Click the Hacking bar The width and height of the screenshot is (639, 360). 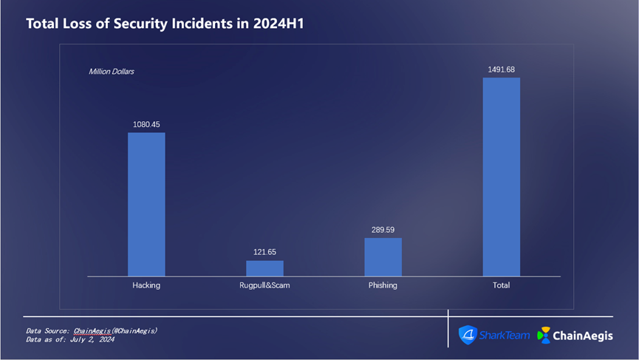click(146, 204)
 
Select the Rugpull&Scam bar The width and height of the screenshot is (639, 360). click(264, 268)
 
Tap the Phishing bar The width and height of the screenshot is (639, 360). click(383, 257)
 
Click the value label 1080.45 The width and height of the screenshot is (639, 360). click(146, 124)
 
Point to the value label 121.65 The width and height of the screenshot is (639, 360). click(264, 252)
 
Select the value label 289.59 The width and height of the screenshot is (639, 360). click(383, 230)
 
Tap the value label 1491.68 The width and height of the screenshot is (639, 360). click(501, 69)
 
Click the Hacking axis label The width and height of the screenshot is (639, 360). click(146, 285)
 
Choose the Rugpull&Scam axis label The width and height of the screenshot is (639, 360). click(264, 285)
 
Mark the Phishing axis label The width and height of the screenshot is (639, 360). click(383, 285)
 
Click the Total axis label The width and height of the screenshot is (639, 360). click(501, 285)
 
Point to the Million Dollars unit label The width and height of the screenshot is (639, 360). click(111, 72)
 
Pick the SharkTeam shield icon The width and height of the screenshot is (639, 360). click(468, 335)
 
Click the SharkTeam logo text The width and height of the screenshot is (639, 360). click(505, 335)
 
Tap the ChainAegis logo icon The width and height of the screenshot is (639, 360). click(544, 335)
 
